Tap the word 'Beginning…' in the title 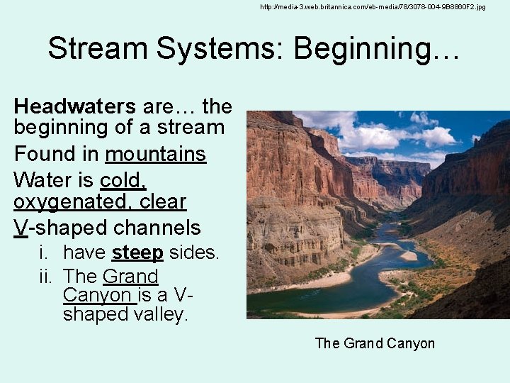376,49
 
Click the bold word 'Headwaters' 74,106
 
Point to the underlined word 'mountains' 155,154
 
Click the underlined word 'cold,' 123,179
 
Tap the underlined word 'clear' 163,202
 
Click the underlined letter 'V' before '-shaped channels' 21,228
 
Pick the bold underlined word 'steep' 137,252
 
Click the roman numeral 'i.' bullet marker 45,252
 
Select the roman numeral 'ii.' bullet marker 47,276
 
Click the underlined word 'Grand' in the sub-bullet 130,276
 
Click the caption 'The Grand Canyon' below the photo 374,343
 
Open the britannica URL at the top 373,6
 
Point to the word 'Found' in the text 56,154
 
